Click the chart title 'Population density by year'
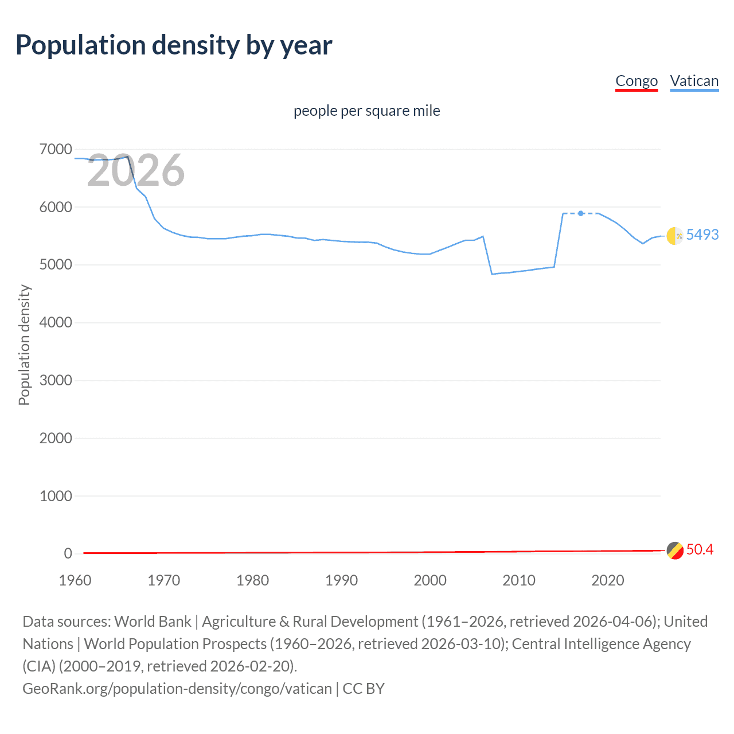click(174, 45)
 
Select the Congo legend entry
click(637, 81)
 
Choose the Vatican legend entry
click(694, 81)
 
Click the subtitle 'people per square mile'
click(367, 111)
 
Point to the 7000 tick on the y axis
click(56, 150)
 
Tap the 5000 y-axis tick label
click(56, 265)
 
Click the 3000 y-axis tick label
click(56, 381)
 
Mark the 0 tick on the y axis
click(68, 554)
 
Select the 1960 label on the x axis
click(75, 580)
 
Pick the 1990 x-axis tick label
click(341, 580)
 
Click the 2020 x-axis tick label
click(607, 580)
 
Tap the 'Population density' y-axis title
click(24, 345)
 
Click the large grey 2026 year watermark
click(136, 170)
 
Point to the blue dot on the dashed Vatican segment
click(581, 213)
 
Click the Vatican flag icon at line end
click(675, 236)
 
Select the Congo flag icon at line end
click(675, 550)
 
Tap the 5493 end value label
click(702, 235)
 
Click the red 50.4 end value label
click(700, 549)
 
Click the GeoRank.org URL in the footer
click(177, 689)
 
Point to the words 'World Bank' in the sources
click(153, 622)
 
